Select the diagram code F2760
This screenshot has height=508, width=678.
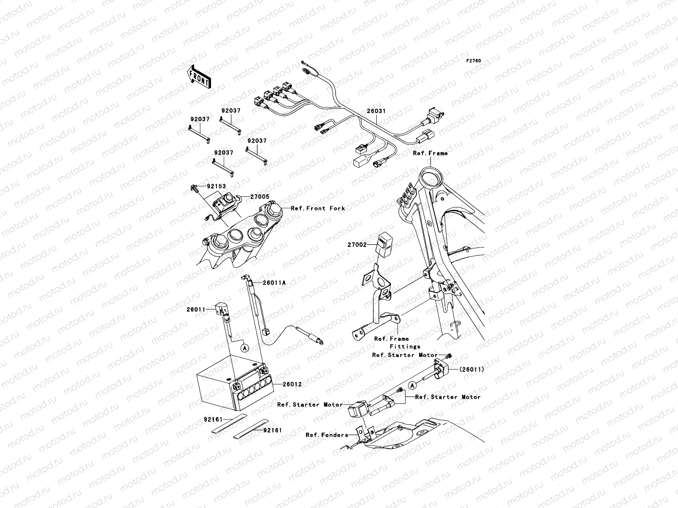coord(474,61)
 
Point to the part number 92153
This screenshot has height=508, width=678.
coord(216,186)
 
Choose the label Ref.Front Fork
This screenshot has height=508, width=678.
coord(318,208)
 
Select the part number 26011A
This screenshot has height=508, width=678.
coord(274,283)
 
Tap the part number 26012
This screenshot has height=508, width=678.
coord(292,384)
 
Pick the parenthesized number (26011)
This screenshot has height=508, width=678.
coord(471,370)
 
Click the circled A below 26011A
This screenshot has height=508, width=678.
coord(245,348)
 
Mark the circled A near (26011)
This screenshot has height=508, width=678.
coord(412,385)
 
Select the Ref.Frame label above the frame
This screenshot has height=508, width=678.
coord(430,153)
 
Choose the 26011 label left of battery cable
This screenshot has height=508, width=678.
coord(196,309)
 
